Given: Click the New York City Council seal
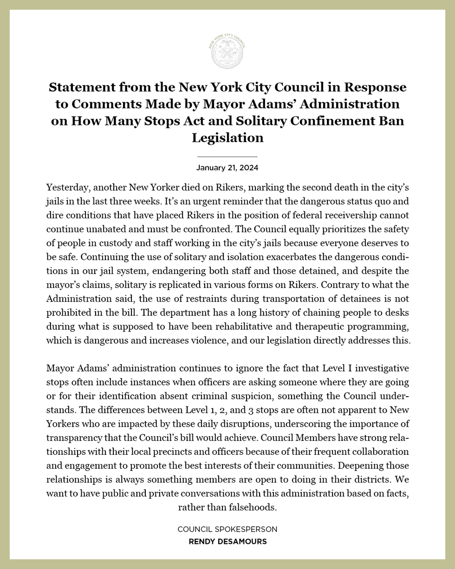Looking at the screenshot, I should click(227, 52).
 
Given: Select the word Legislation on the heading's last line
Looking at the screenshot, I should click(227, 137).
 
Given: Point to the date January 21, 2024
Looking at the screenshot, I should click(227, 168).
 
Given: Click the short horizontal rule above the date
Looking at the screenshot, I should click(227, 157).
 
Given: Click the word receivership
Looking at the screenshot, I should click(361, 215).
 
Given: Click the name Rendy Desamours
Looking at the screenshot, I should click(227, 542).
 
